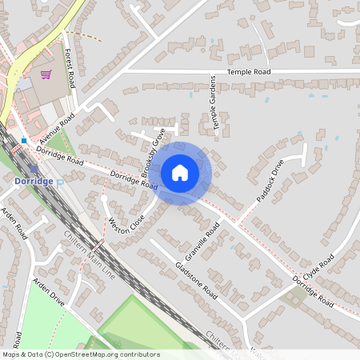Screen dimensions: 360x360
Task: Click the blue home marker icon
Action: pos(180,172)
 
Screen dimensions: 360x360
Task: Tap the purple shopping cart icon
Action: pos(46,74)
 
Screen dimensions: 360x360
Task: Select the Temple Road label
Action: pos(249,72)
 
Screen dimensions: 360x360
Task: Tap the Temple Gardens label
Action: pos(214,104)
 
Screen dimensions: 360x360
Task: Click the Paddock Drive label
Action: pos(270,181)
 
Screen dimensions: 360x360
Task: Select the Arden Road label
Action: pos(14,224)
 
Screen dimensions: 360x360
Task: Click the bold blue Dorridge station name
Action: pos(34,182)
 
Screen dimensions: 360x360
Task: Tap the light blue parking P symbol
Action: pos(59,182)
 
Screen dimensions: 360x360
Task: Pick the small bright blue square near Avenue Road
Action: pos(24,141)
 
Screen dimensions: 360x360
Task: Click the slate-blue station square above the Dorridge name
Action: pos(34,169)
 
